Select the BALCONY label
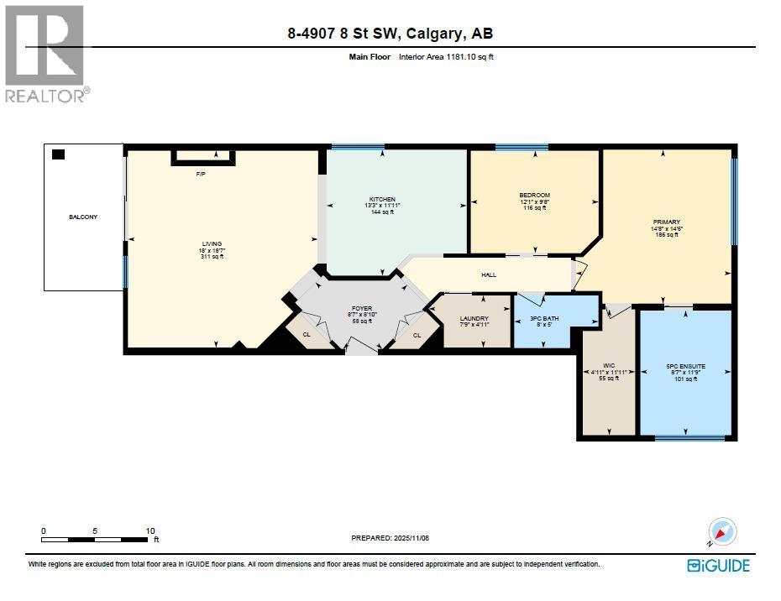click(x=83, y=217)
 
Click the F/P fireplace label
click(x=201, y=175)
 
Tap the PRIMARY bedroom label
click(x=666, y=222)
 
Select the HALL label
click(x=489, y=274)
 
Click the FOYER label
click(x=362, y=308)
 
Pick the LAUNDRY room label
click(x=474, y=318)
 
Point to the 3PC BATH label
click(x=545, y=318)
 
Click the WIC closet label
click(x=609, y=365)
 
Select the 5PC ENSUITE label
click(x=685, y=366)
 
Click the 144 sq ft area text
click(x=382, y=212)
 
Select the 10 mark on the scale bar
click(x=150, y=531)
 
